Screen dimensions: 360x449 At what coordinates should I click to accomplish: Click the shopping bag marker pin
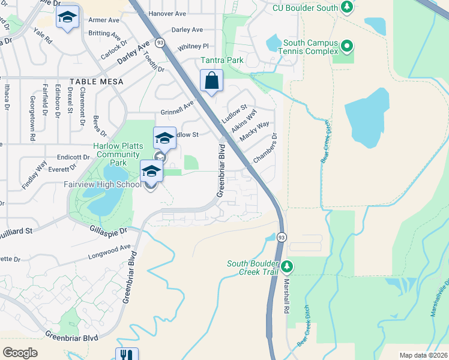point(211,81)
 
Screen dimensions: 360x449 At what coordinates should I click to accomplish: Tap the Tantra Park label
point(222,60)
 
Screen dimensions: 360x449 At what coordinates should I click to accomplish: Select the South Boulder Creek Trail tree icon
point(288,265)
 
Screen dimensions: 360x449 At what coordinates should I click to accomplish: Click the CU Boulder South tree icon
point(346,7)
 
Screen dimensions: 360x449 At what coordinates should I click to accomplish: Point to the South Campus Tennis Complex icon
point(346,46)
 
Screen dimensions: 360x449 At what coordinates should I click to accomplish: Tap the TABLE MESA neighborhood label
point(96,82)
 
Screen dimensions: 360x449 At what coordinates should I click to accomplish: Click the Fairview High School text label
point(103,184)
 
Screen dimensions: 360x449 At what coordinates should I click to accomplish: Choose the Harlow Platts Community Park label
point(116,154)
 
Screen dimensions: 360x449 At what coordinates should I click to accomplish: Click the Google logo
point(20,352)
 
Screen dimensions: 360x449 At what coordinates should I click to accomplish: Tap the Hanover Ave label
point(167,13)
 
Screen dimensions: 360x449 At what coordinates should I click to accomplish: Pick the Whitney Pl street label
point(193,46)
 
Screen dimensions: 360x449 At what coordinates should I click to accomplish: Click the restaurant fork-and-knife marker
point(127,355)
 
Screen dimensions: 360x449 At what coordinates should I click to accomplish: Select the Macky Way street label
point(255,131)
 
